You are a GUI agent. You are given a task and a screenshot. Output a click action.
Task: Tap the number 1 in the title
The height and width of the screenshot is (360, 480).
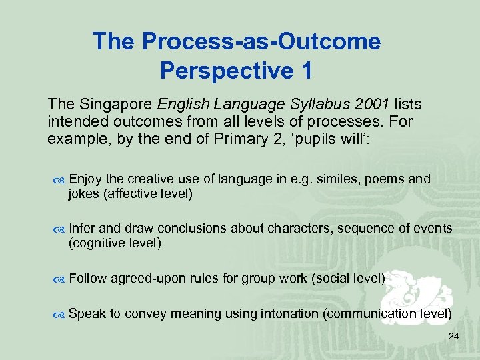(305, 69)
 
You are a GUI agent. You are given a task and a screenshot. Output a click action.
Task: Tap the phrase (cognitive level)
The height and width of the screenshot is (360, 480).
(115, 243)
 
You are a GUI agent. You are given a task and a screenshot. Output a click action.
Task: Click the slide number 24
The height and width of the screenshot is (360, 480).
(453, 337)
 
